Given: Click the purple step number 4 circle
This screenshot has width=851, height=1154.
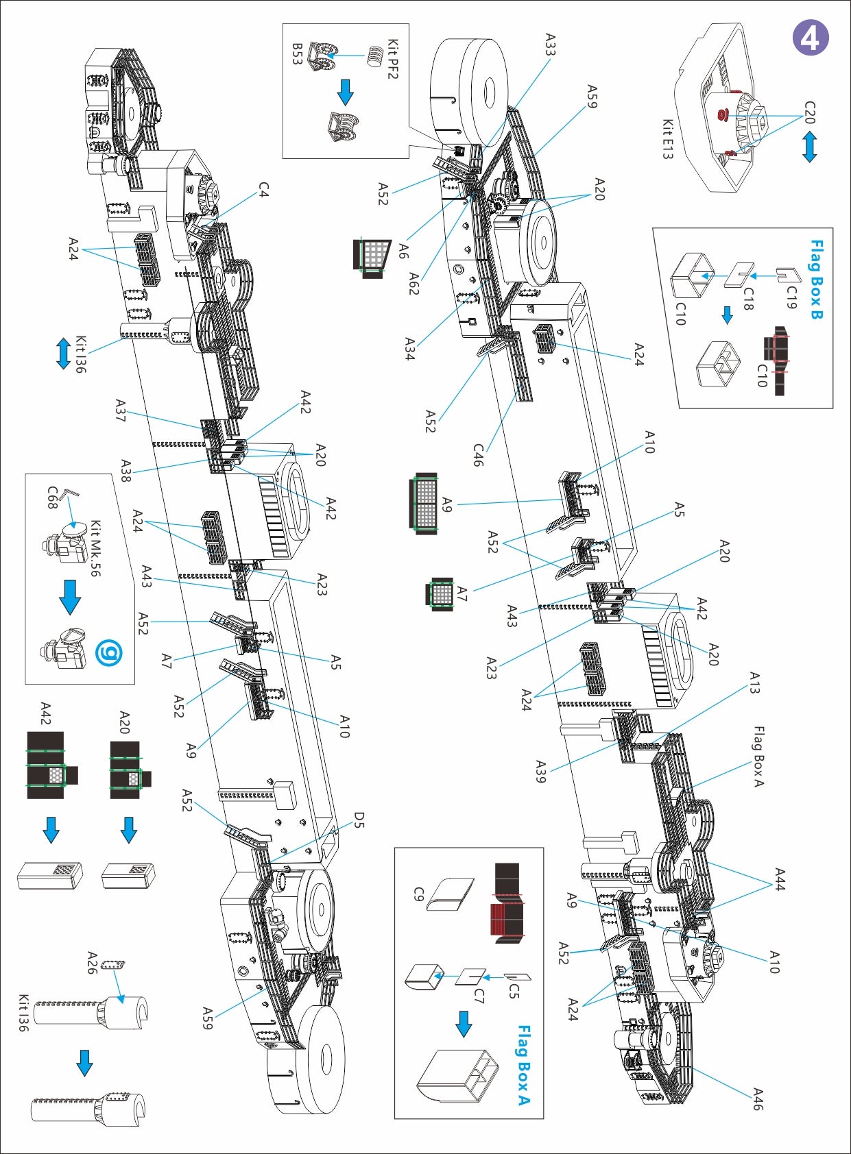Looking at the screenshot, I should pyautogui.click(x=810, y=38).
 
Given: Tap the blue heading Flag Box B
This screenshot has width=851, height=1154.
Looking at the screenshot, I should pyautogui.click(x=815, y=279).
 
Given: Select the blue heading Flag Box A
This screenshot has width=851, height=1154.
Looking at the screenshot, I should pyautogui.click(x=524, y=1065).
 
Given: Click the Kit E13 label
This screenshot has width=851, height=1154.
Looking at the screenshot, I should pyautogui.click(x=667, y=139).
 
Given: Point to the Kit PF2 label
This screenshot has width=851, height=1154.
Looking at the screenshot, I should pyautogui.click(x=393, y=59).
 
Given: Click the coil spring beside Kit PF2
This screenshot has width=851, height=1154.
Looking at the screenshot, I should pyautogui.click(x=374, y=56).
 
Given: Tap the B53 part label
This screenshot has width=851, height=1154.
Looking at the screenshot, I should pyautogui.click(x=296, y=54).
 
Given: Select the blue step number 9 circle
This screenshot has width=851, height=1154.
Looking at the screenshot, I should pyautogui.click(x=108, y=653).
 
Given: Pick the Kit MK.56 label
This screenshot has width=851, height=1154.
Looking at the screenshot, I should pyautogui.click(x=95, y=548).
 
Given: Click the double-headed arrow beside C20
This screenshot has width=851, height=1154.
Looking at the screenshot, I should pyautogui.click(x=810, y=147).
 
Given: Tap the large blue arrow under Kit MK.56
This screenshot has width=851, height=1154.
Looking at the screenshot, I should pyautogui.click(x=70, y=596).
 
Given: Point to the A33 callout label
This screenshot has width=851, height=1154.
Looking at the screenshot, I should pyautogui.click(x=550, y=44).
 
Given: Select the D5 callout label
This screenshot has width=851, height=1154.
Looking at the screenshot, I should pyautogui.click(x=359, y=820).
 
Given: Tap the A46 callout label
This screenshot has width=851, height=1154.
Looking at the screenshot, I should pyautogui.click(x=758, y=1098).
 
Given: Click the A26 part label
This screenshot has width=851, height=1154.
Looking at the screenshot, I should pyautogui.click(x=93, y=962).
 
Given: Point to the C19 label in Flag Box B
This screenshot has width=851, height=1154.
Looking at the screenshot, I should pyautogui.click(x=792, y=296).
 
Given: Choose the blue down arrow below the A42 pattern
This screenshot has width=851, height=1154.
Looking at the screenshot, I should pyautogui.click(x=51, y=829).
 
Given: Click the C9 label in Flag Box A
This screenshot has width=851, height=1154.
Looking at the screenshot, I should pyautogui.click(x=418, y=894).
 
